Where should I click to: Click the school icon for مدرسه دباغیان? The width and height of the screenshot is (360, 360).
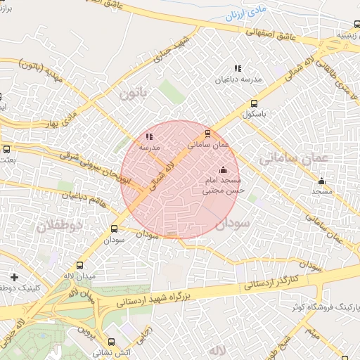click(238, 69)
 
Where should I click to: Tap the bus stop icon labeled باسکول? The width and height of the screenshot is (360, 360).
click(254, 104)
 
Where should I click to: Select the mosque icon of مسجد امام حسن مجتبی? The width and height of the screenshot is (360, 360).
click(224, 169)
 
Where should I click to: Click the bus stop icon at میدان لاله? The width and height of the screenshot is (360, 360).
click(79, 266)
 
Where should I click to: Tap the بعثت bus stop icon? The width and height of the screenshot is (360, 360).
click(7, 149)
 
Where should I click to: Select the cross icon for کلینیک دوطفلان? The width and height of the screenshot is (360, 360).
click(14, 277)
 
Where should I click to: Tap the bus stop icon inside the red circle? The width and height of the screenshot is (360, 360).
click(207, 133)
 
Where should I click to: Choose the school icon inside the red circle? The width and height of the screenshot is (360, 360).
click(148, 137)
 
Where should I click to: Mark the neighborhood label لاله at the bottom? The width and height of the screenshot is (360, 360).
click(216, 349)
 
